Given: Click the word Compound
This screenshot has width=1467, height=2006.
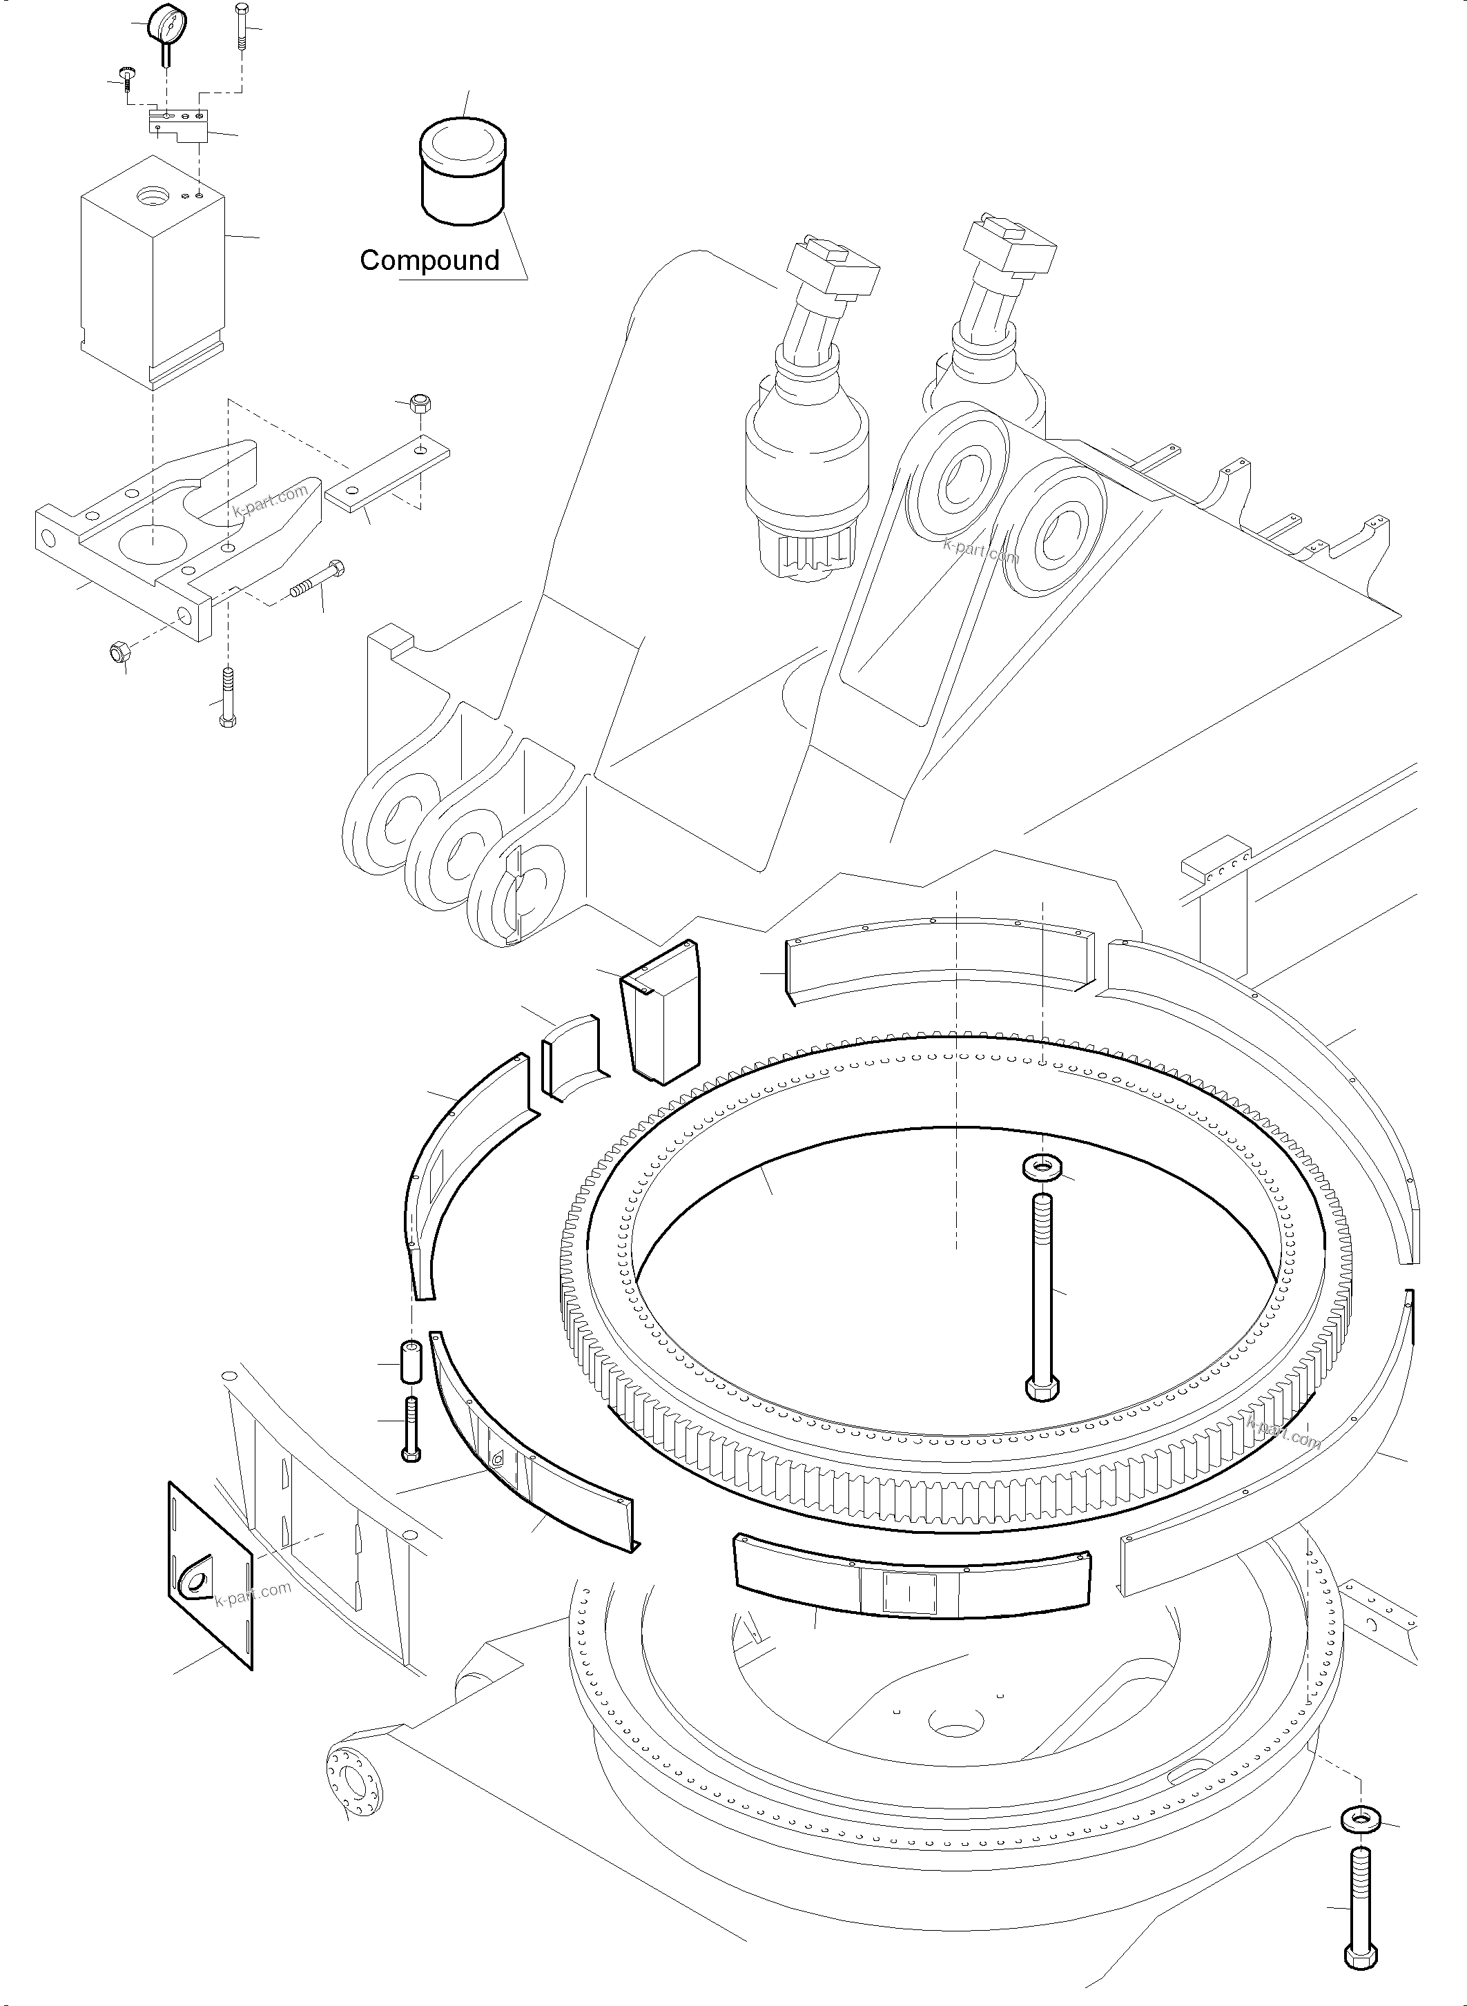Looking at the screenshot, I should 430,260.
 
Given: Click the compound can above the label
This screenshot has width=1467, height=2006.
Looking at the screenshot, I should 462,171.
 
